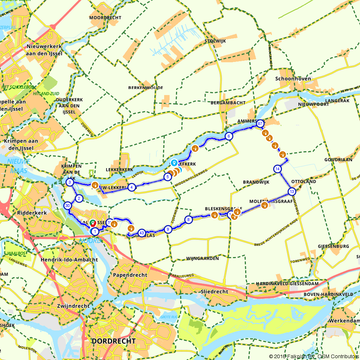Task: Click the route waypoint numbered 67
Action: click(x=260, y=123)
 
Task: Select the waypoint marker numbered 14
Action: click(x=277, y=169)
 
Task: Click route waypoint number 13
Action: click(x=291, y=191)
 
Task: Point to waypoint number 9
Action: click(x=167, y=229)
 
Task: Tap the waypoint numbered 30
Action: click(x=67, y=206)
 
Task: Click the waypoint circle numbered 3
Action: click(x=69, y=183)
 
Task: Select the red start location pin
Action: click(x=93, y=223)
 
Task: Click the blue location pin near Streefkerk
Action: click(x=174, y=163)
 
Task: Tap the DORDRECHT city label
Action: click(x=114, y=341)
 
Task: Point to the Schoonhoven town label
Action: click(x=293, y=79)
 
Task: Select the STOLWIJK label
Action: click(x=215, y=41)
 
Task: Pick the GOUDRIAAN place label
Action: click(x=338, y=159)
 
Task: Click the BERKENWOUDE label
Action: click(x=145, y=88)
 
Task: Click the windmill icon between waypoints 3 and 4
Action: click(x=95, y=185)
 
